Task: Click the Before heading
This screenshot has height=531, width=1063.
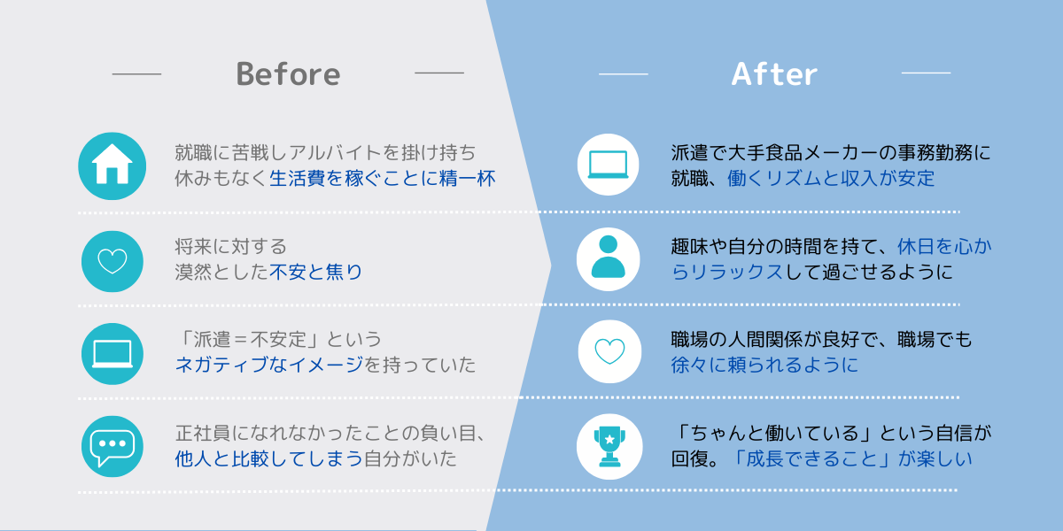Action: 288,74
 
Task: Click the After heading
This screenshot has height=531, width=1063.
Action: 774,74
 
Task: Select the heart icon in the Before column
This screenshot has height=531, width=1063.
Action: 113,261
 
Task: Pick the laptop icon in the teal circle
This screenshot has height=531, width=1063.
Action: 113,354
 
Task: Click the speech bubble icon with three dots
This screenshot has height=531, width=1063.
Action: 113,447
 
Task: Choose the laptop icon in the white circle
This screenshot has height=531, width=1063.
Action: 608,165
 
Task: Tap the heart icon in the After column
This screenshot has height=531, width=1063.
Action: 609,351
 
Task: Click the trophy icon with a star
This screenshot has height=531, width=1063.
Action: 609,446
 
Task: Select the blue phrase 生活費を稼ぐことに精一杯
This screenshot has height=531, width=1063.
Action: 383,178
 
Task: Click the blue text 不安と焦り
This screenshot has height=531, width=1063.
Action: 315,272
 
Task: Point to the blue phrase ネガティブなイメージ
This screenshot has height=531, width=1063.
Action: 269,365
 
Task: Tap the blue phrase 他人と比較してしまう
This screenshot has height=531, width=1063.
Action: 269,458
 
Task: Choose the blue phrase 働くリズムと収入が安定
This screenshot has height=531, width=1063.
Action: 831,178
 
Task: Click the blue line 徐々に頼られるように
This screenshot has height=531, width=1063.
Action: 764,365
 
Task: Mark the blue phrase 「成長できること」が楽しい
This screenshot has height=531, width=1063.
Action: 850,458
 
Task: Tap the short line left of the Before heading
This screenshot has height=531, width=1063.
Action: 136,74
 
